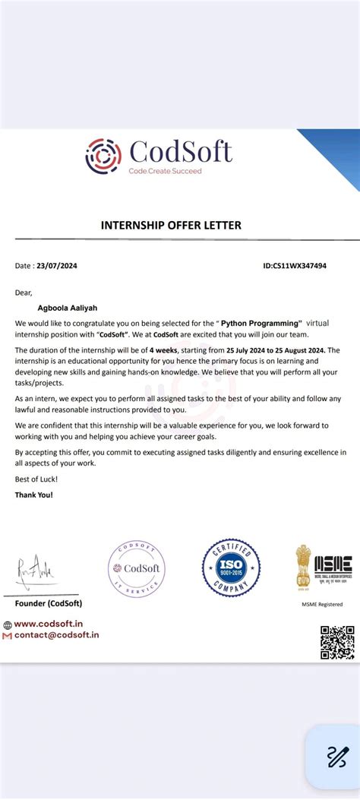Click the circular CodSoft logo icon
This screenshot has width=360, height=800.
[103, 156]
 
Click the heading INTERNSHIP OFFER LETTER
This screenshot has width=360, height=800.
[171, 225]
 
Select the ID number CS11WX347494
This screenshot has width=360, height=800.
[295, 266]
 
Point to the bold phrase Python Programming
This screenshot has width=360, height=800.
[261, 323]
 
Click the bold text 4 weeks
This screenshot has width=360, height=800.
[163, 349]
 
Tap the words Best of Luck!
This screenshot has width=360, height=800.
[36, 479]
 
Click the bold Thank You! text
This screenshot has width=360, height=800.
[35, 495]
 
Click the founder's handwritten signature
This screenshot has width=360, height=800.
[36, 569]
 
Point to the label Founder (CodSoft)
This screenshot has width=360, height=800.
[49, 603]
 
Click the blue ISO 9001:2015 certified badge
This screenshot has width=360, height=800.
[231, 568]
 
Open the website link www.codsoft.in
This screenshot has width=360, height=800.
[58, 624]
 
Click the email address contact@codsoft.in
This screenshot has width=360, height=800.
[56, 634]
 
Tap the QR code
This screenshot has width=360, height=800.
[337, 642]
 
